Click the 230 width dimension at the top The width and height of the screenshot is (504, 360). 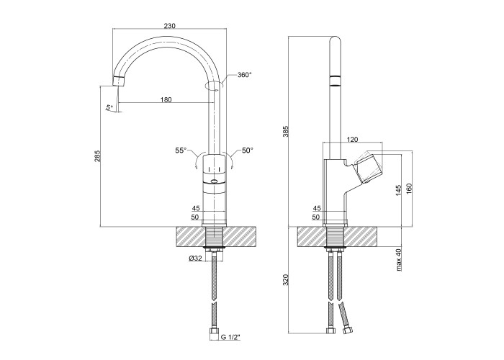pos(169,26)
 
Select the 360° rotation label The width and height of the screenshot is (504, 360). pos(243,75)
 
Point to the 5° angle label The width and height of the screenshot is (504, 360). pos(109,107)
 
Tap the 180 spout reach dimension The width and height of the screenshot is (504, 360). pos(166,99)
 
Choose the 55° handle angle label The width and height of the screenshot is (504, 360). pos(181,150)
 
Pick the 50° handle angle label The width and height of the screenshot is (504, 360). pos(248,150)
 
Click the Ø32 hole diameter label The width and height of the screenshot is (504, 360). pos(194,259)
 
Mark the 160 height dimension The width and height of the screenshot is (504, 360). pos(410,189)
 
